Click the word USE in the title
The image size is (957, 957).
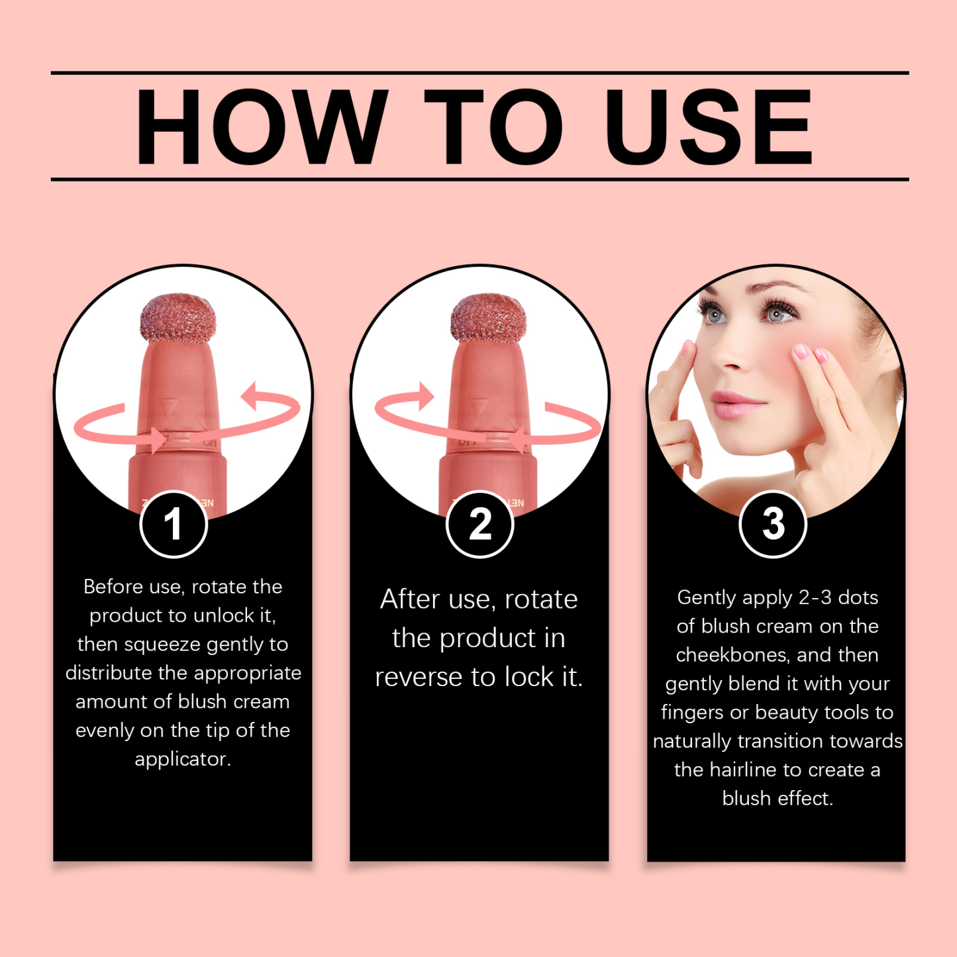(x=708, y=126)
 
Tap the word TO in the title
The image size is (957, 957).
(x=493, y=126)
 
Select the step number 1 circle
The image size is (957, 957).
(x=174, y=524)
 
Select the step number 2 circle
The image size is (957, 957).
(x=480, y=524)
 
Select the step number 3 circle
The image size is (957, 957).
(x=773, y=524)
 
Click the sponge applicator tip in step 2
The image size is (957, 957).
(x=488, y=318)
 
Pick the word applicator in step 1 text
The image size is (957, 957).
(x=183, y=758)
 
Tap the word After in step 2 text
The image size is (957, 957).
(x=410, y=599)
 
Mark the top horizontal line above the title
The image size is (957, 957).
(x=479, y=72)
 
